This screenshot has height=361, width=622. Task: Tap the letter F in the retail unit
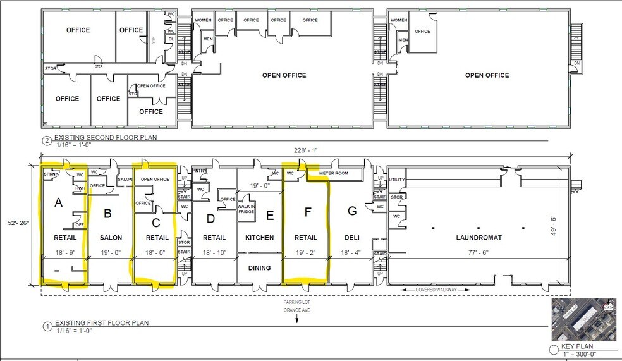click(308, 213)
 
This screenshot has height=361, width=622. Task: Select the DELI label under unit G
click(353, 238)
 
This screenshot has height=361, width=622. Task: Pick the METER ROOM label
click(334, 172)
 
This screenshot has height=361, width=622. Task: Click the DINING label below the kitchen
click(259, 268)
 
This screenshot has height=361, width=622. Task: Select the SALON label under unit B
click(111, 238)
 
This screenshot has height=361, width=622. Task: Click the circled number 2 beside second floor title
click(46, 140)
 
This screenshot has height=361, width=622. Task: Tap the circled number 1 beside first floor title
click(46, 327)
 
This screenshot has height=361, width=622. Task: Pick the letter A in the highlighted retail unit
click(59, 204)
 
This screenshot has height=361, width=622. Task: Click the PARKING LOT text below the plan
click(296, 302)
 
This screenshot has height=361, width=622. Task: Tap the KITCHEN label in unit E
click(259, 238)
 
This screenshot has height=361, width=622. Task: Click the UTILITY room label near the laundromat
click(396, 180)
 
